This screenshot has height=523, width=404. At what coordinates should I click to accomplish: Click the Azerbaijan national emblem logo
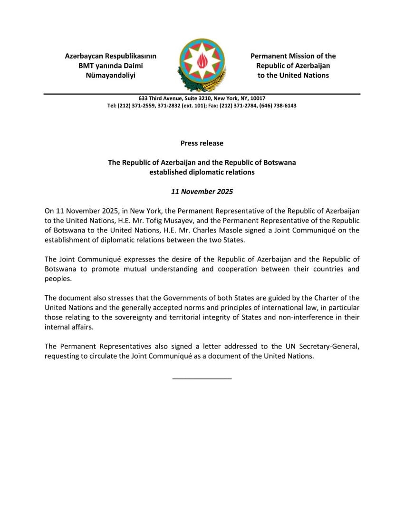[202, 65]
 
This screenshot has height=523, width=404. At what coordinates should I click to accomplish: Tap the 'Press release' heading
[202, 143]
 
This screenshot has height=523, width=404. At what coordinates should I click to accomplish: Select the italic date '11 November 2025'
[202, 192]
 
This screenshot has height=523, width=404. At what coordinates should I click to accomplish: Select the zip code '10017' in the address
[258, 98]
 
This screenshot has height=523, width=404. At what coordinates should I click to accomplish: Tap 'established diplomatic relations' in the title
[202, 172]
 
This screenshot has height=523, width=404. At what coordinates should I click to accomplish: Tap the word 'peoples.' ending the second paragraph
[58, 279]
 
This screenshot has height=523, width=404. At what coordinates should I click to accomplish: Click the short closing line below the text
[202, 378]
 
